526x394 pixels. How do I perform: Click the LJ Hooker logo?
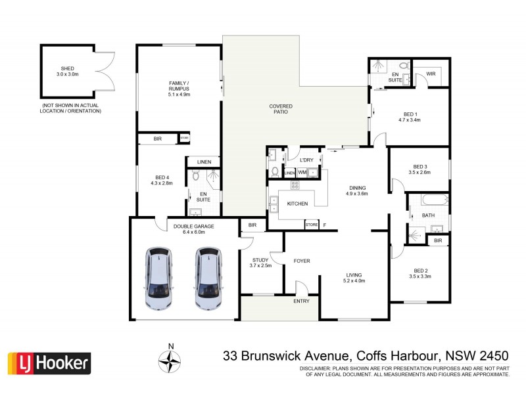[49, 363]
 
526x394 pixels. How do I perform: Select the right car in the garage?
[208, 278]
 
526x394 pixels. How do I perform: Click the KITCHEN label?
[297, 204]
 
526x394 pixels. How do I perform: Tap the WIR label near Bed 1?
[432, 74]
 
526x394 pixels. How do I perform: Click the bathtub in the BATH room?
[427, 201]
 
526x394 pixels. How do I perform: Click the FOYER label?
[301, 261]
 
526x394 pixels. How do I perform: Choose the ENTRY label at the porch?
[301, 302]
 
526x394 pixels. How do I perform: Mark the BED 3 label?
[420, 169]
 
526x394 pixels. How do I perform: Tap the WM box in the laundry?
[302, 172]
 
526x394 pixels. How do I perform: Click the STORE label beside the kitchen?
[312, 225]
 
